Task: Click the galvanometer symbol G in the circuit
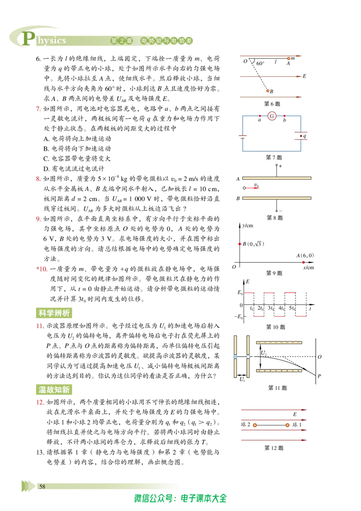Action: (x=272, y=116)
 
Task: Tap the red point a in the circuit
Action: (x=259, y=116)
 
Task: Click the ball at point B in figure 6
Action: (x=268, y=91)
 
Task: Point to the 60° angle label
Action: (x=260, y=64)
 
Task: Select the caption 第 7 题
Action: (x=273, y=158)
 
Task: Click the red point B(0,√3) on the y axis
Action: (x=240, y=244)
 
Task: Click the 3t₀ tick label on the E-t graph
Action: (x=271, y=308)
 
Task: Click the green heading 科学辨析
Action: (x=54, y=313)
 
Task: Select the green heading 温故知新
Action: (x=54, y=390)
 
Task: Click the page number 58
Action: (x=42, y=487)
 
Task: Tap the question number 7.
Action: (x=38, y=108)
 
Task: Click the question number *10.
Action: (x=42, y=269)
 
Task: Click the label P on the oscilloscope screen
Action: (x=319, y=376)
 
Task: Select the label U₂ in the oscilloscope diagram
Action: (x=264, y=353)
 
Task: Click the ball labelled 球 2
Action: (x=255, y=425)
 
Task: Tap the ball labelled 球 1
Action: (x=287, y=425)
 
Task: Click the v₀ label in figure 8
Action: (x=257, y=185)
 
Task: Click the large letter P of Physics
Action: (x=29, y=38)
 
